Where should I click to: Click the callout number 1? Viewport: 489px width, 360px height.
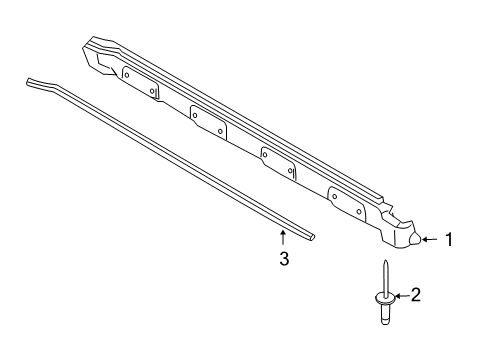click(449, 267)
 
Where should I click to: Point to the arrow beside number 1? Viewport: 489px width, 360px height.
click(429, 266)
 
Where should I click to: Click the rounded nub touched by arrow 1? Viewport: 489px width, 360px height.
click(413, 265)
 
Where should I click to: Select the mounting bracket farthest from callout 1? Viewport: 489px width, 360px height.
click(138, 82)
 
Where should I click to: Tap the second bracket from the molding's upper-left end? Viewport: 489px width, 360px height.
click(208, 121)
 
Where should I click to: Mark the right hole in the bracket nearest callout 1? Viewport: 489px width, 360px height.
click(358, 211)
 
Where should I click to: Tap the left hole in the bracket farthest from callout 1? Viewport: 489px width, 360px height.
click(126, 72)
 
